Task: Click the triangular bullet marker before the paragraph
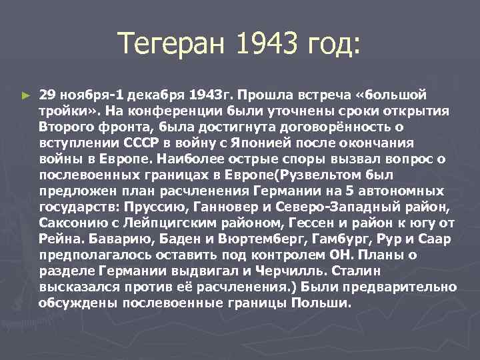click(x=25, y=96)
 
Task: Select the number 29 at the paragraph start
click(x=47, y=94)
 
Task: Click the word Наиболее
click(x=191, y=158)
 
